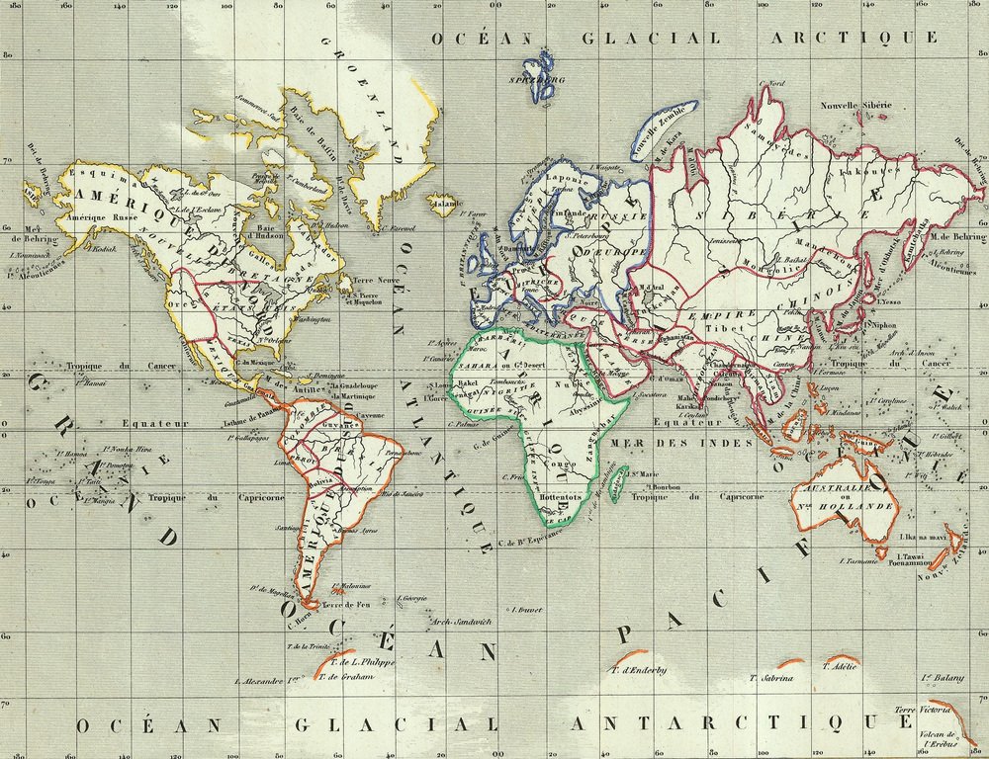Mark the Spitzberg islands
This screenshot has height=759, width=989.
coord(540,85)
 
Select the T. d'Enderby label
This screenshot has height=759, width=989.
coord(639,671)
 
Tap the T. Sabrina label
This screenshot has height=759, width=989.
coord(772,679)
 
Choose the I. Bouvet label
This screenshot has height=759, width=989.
coord(525,611)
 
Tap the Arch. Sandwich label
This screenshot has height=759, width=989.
coord(460,622)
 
